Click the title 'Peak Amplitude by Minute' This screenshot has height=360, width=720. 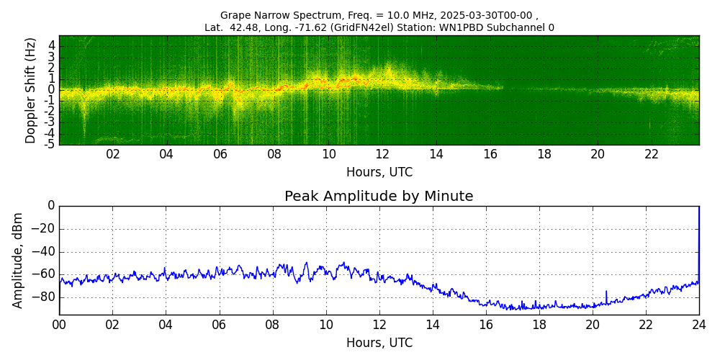[x=379, y=197]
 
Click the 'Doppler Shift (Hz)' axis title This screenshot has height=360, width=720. [x=31, y=90]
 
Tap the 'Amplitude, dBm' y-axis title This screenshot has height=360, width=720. [x=18, y=260]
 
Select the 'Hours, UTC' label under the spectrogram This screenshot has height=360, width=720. [x=379, y=173]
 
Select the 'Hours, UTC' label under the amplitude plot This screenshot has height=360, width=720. [x=379, y=343]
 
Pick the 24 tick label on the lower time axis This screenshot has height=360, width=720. [x=699, y=325]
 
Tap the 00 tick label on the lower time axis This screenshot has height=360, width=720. [x=59, y=325]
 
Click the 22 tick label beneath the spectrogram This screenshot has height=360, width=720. [x=652, y=154]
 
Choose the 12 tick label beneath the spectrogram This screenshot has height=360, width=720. [x=382, y=154]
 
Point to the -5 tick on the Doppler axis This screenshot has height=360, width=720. [x=50, y=144]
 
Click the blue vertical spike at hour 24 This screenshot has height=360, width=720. [x=698, y=238]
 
